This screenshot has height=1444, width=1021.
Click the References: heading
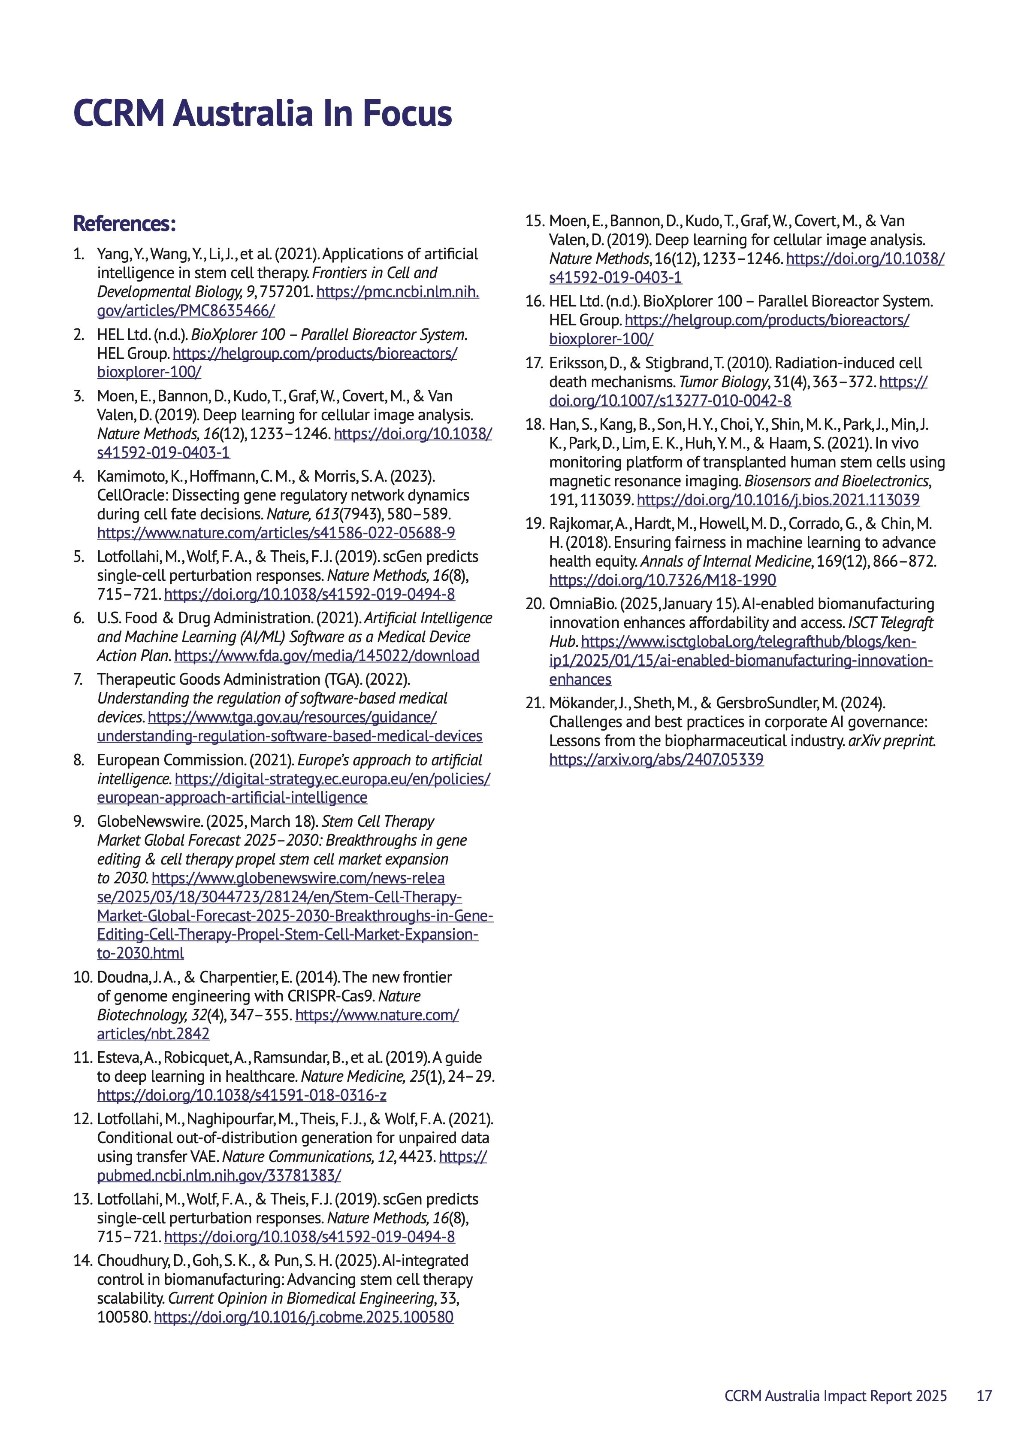(x=124, y=223)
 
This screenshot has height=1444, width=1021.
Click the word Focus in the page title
(x=406, y=113)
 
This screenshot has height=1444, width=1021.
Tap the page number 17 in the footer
(x=984, y=1395)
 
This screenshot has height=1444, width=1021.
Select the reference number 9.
(x=79, y=821)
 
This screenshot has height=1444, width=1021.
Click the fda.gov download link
(x=326, y=656)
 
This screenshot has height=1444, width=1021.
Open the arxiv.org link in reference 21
(x=656, y=760)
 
